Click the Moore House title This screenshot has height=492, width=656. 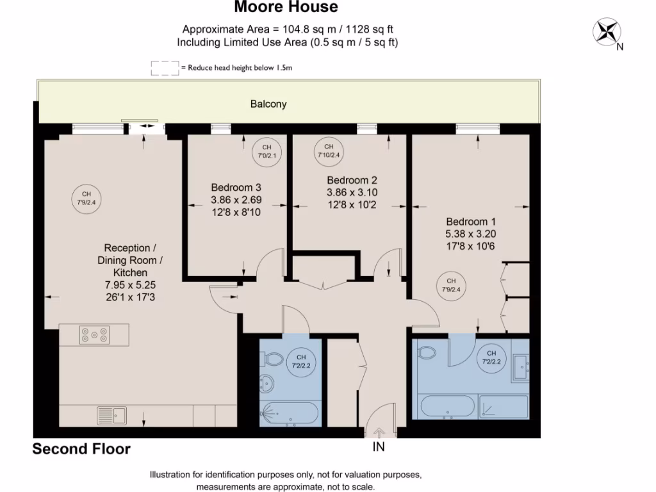(x=286, y=8)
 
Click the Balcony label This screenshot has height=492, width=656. (x=268, y=104)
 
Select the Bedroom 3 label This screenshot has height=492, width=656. (x=236, y=188)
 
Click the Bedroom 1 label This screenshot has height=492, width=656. (x=471, y=221)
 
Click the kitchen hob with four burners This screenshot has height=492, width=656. (x=94, y=334)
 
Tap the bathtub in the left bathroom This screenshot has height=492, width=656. (x=290, y=413)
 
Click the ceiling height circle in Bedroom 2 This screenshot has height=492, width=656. (x=329, y=151)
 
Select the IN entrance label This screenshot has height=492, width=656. (x=379, y=447)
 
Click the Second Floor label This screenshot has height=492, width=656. (x=81, y=449)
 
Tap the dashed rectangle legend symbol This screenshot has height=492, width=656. (x=165, y=68)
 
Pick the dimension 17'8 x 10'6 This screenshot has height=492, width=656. (x=471, y=245)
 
